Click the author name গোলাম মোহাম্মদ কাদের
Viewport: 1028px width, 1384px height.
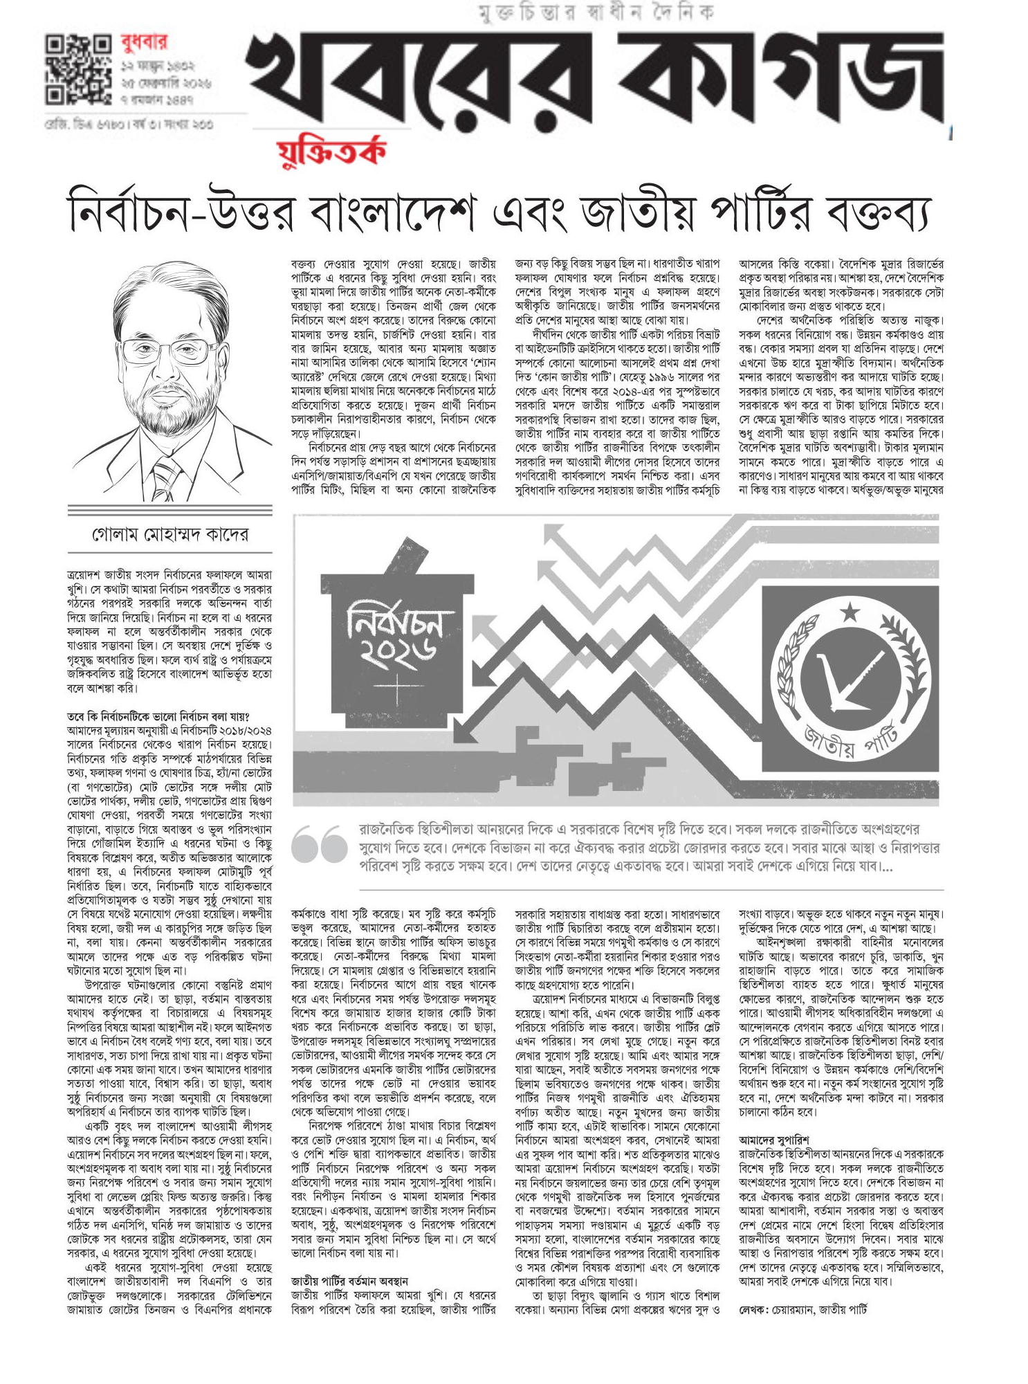click(170, 534)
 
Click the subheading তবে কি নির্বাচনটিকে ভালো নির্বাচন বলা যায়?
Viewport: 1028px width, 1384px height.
click(158, 716)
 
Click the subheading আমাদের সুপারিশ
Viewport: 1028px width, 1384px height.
click(773, 1139)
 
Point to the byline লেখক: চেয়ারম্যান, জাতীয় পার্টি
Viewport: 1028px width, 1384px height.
click(802, 1309)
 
